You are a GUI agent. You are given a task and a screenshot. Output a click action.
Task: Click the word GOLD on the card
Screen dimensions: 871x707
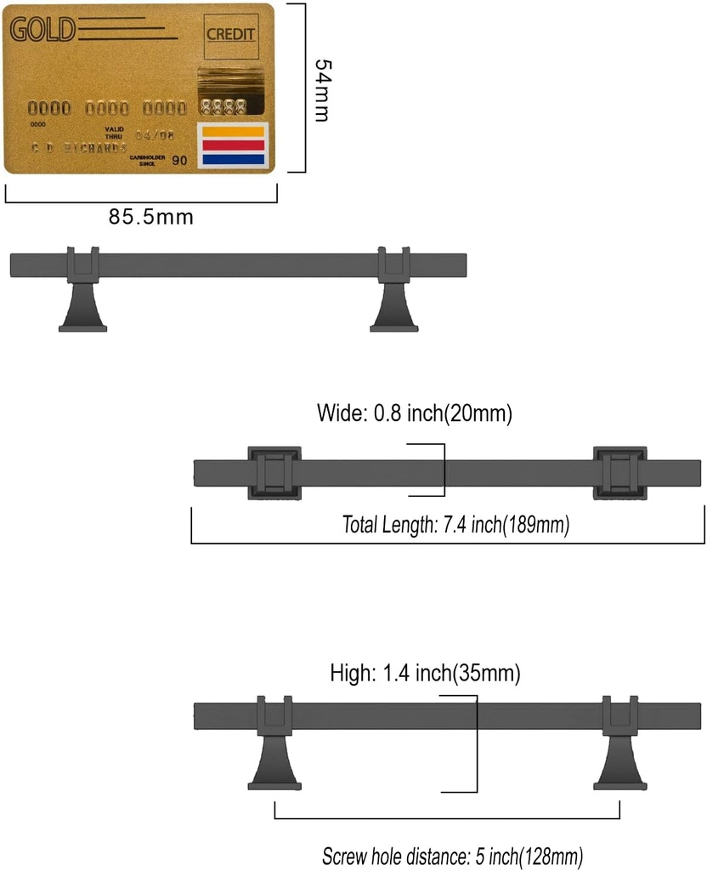(x=42, y=30)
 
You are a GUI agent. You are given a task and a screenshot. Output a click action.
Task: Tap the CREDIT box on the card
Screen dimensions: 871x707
(x=230, y=35)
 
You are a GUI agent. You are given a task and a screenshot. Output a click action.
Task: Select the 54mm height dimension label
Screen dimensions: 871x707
(x=321, y=89)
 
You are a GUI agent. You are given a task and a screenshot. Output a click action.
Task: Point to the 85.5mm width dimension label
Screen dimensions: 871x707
(x=150, y=217)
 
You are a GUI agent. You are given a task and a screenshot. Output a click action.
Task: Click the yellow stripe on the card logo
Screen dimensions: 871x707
(x=232, y=132)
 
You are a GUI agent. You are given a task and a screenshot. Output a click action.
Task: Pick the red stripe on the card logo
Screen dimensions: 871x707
(x=232, y=145)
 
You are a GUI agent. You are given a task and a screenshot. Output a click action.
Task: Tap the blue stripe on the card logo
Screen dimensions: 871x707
(x=232, y=158)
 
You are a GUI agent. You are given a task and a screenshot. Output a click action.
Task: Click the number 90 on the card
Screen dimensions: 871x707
(x=179, y=159)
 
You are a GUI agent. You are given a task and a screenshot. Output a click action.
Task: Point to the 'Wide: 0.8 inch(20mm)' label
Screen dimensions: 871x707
(x=414, y=414)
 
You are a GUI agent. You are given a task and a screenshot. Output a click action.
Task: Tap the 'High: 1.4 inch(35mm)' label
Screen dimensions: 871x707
(x=425, y=675)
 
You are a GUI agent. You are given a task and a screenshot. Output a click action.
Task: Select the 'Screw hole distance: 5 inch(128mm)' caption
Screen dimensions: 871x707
(x=453, y=856)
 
